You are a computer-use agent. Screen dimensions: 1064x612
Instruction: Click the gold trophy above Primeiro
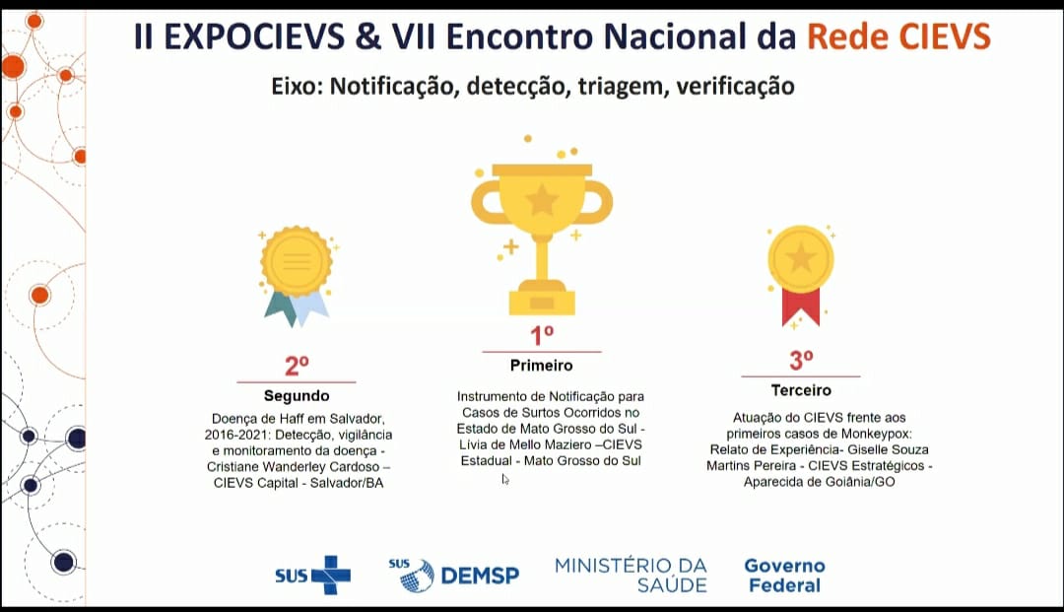542,238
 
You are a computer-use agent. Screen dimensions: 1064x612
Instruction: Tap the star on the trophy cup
542,199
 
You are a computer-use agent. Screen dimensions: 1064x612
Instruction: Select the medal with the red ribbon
801,275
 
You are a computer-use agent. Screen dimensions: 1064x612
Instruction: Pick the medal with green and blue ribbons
297,275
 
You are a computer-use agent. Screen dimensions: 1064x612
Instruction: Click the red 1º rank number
542,335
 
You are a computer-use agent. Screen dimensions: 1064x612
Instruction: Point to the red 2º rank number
297,366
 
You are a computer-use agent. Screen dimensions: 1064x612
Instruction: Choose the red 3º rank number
801,361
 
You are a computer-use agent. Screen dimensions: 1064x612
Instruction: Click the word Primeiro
542,366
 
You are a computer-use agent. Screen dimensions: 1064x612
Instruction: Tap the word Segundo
297,395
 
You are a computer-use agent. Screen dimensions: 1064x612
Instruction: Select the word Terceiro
801,390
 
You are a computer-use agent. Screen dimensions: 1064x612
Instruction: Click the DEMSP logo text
480,577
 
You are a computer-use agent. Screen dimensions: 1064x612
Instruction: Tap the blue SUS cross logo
313,576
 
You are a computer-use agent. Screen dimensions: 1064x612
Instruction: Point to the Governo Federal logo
784,576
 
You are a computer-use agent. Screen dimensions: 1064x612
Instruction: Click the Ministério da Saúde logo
632,576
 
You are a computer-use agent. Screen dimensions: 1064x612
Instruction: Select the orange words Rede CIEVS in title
898,35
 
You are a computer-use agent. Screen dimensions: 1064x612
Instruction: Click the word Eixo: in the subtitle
298,86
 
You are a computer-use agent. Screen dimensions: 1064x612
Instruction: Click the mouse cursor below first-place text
505,480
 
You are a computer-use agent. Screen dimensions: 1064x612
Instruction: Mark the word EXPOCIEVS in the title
254,35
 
